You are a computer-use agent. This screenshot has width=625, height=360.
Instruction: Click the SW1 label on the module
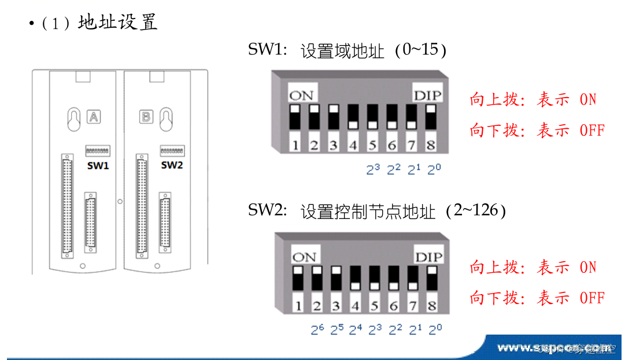(98, 165)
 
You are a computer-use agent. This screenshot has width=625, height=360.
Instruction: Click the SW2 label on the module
(172, 165)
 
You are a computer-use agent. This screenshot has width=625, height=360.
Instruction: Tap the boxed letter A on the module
(94, 117)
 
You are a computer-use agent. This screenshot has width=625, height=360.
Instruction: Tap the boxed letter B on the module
(145, 117)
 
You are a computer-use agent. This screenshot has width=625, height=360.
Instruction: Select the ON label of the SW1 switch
(301, 95)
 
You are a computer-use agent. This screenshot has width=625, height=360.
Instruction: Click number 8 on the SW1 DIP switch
(431, 144)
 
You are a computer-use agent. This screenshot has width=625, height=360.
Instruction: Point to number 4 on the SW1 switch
(353, 144)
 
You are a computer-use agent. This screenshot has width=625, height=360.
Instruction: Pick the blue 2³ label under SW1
(373, 170)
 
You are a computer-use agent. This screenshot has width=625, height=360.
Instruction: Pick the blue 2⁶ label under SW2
(317, 330)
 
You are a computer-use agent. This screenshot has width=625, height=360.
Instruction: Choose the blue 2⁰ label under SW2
(435, 330)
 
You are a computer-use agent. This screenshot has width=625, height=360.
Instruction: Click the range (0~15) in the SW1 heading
(420, 51)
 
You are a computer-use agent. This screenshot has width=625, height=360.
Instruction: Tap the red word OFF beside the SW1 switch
(591, 130)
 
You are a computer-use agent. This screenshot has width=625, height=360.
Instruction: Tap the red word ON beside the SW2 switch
(587, 268)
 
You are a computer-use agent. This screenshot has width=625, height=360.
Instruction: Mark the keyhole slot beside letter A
(73, 118)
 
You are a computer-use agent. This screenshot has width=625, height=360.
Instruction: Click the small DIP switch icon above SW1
(97, 151)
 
